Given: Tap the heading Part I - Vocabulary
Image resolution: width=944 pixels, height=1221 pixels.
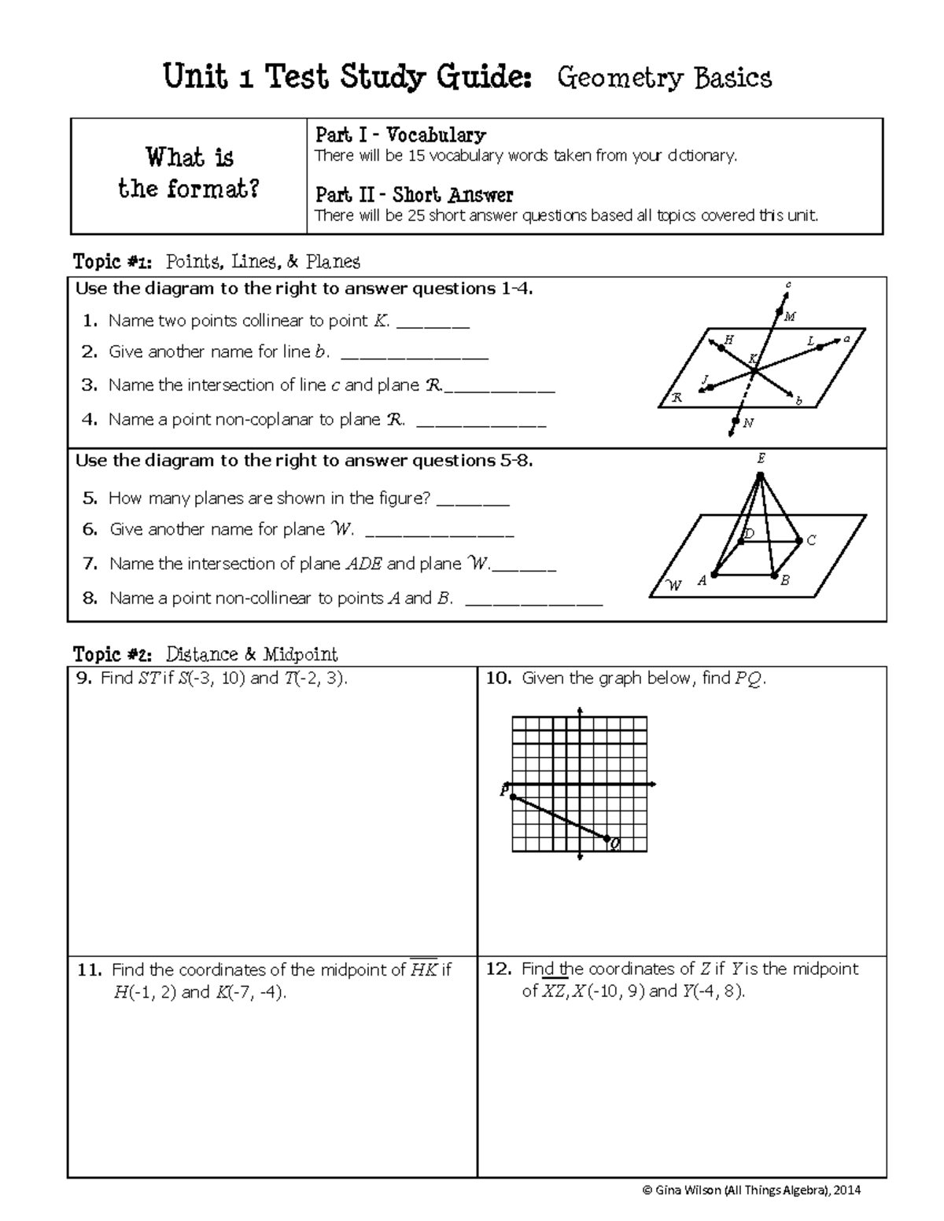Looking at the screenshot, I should pos(400,134).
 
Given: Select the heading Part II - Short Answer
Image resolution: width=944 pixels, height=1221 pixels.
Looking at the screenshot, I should pos(414,194).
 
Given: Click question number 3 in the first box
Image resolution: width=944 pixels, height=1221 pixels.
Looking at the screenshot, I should pos(89,385).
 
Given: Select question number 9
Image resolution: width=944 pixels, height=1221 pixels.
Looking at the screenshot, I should pos(84,679).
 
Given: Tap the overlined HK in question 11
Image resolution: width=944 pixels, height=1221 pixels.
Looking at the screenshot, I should pos(424,970).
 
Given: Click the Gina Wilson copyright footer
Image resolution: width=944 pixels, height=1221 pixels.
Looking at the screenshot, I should pos(751,1190).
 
